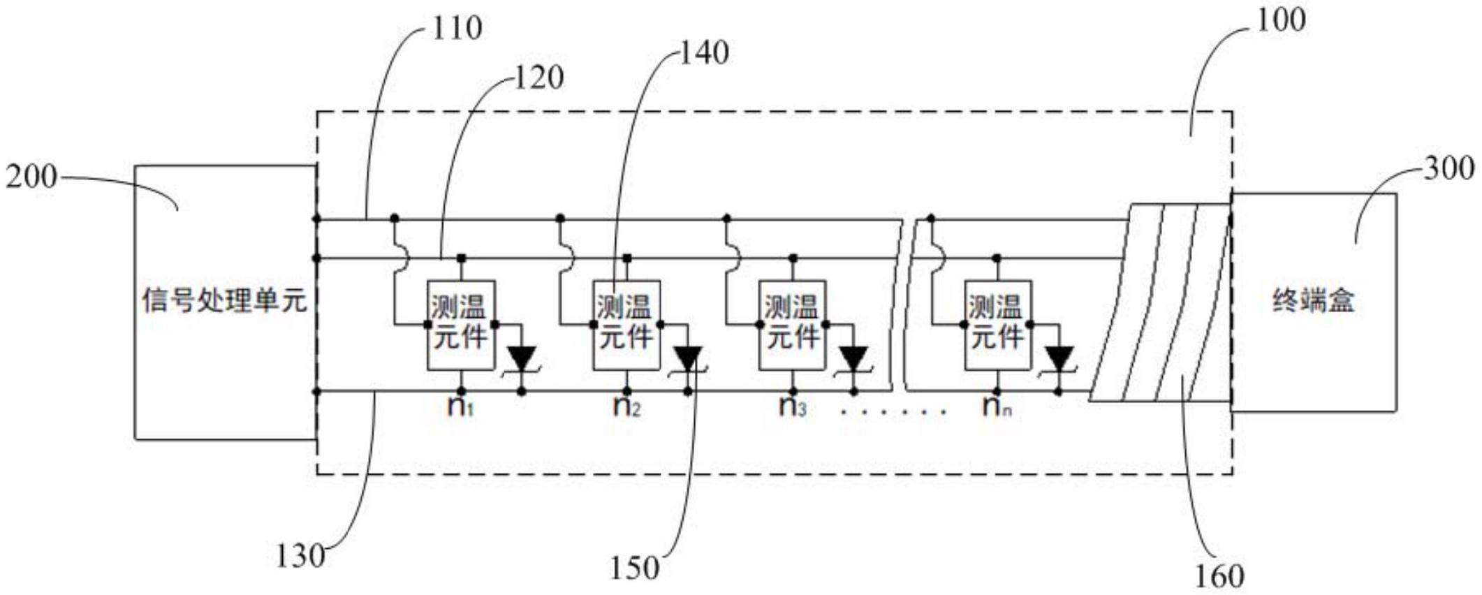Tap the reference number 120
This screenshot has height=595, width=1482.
click(538, 78)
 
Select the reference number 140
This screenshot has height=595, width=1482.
click(704, 53)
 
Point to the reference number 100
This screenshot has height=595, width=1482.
click(1281, 20)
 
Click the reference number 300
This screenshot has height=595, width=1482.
click(1449, 168)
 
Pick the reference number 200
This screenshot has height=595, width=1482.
click(31, 177)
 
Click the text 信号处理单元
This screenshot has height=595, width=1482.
click(224, 301)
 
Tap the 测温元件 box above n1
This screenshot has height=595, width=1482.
click(461, 325)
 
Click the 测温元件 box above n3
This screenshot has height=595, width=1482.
click(793, 325)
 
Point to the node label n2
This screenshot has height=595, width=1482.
click(626, 406)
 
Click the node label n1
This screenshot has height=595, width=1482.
click(461, 406)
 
